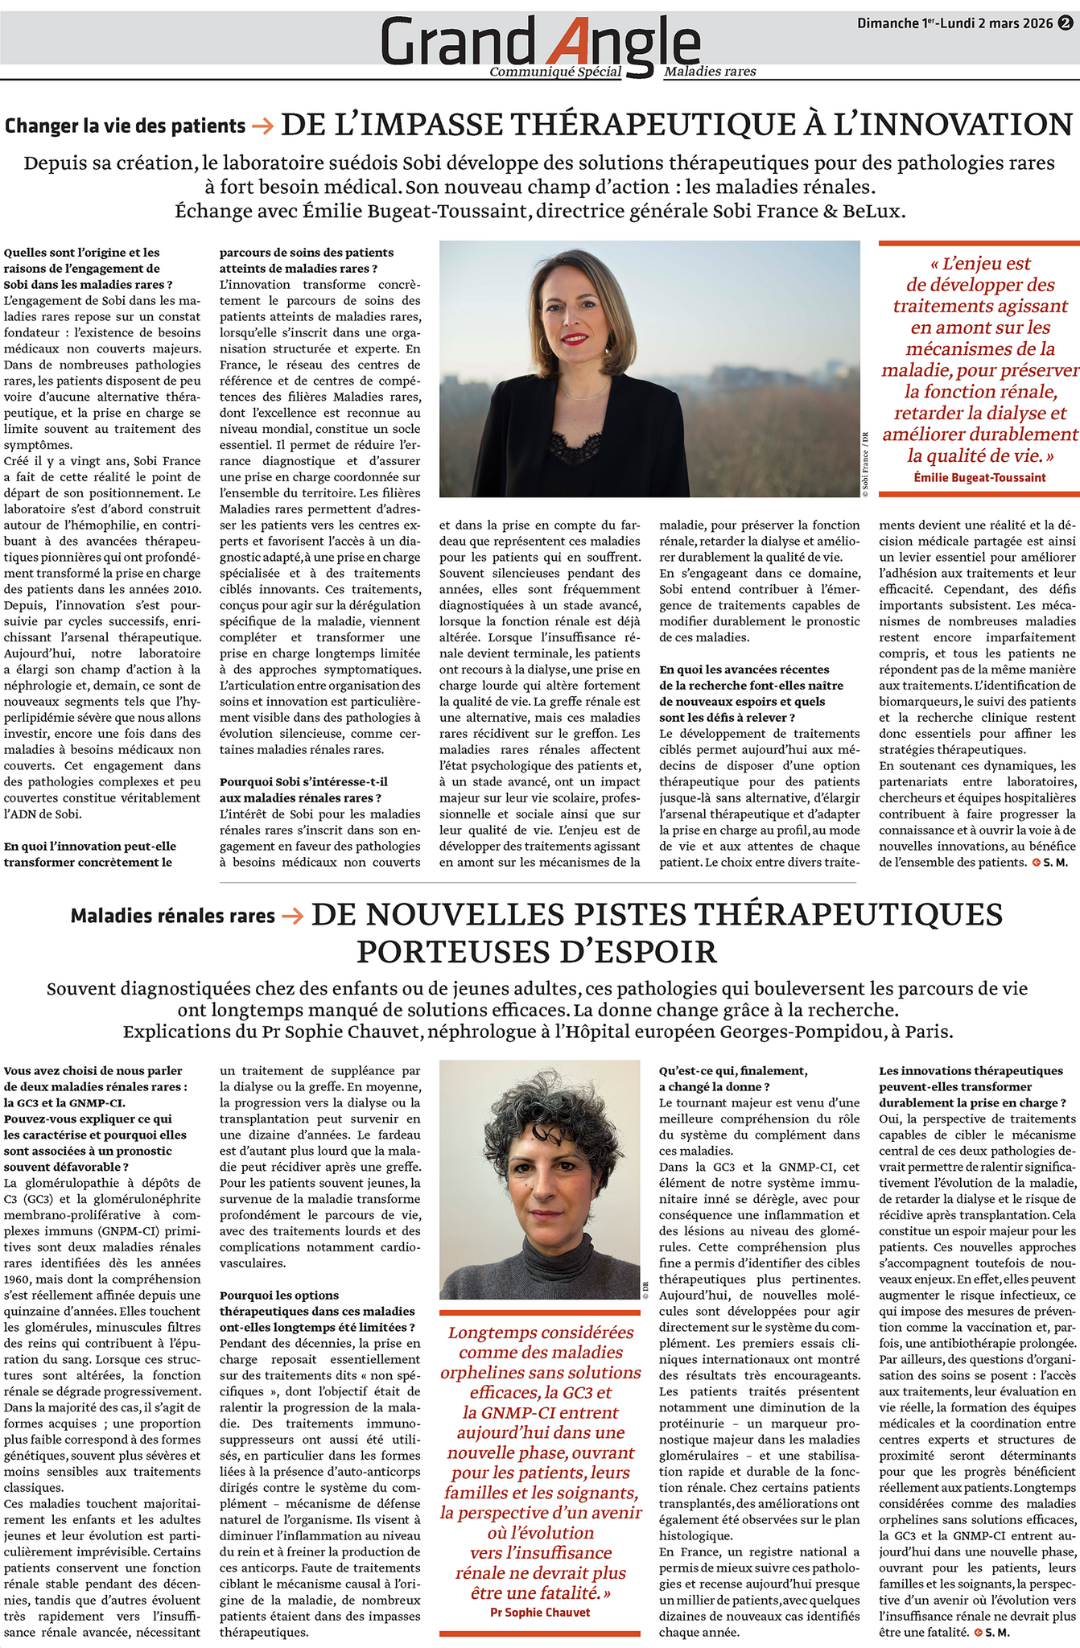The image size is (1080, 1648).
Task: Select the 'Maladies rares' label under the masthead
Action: pos(710,72)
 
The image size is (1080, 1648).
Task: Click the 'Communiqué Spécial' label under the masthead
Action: pos(555,72)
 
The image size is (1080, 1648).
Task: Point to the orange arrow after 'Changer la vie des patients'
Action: pos(262,126)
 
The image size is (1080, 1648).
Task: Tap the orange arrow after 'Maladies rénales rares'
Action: pos(292,916)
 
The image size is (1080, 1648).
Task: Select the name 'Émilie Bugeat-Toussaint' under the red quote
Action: pos(979,477)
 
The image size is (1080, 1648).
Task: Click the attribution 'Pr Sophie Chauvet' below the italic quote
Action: pos(540,1590)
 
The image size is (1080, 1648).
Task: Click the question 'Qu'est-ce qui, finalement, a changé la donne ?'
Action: pos(732,1078)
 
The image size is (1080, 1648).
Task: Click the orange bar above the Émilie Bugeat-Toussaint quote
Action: pos(979,243)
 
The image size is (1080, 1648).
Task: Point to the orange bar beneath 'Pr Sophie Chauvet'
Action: pos(540,1611)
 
